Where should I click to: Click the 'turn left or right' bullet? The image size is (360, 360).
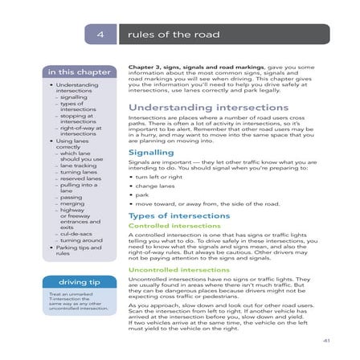coord(161,176)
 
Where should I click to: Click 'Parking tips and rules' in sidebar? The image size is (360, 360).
coord(78,250)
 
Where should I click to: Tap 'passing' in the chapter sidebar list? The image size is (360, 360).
coord(71,197)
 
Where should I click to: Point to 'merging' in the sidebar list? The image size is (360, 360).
coord(72,203)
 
